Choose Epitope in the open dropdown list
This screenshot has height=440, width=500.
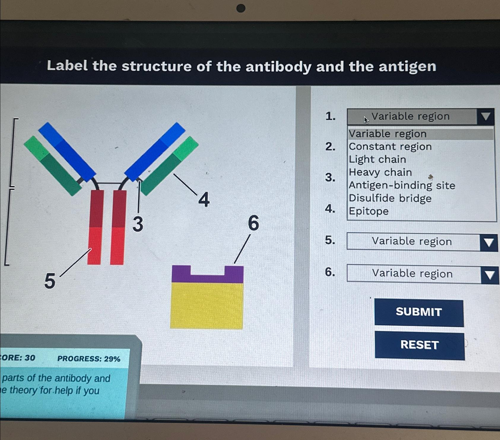click(369, 211)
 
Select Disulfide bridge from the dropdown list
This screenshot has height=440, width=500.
click(390, 198)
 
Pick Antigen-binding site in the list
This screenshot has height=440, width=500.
click(402, 185)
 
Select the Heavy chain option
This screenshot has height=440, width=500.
click(380, 172)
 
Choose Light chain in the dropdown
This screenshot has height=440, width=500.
click(377, 160)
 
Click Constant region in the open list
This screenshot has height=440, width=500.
click(390, 146)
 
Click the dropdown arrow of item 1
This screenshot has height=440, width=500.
click(485, 116)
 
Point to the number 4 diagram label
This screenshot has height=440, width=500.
click(204, 200)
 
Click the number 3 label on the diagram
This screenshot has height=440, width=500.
click(138, 224)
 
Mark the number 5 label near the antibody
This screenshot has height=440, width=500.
click(50, 281)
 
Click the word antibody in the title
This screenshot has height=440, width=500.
click(278, 67)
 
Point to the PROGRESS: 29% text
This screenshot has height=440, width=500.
click(89, 359)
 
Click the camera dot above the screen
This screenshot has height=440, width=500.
click(241, 8)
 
